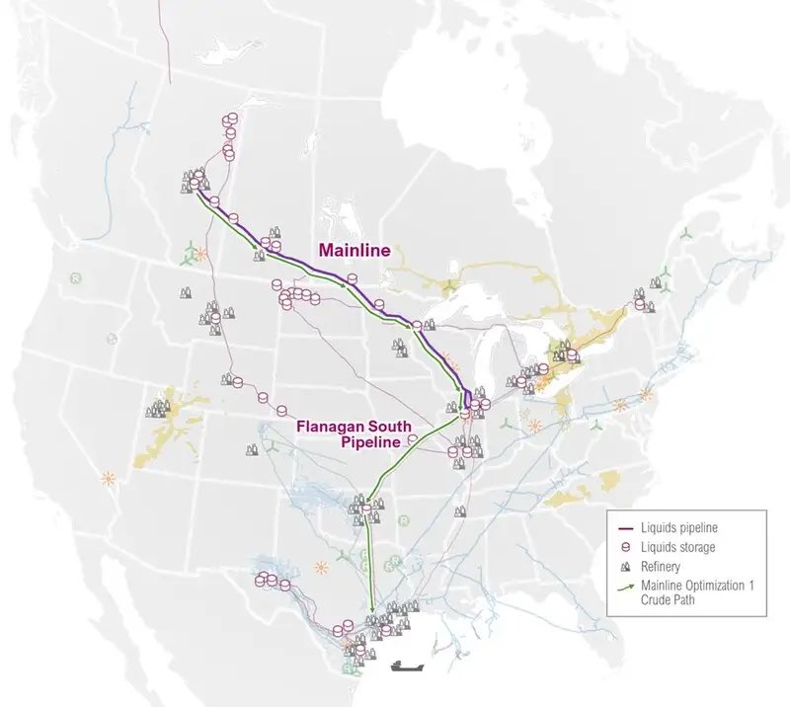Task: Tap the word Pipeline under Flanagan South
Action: pyautogui.click(x=367, y=442)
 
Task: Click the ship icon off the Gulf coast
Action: pyautogui.click(x=405, y=665)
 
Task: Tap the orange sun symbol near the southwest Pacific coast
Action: pyautogui.click(x=106, y=479)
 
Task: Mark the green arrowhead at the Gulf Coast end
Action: pyautogui.click(x=372, y=611)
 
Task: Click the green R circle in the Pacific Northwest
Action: pyautogui.click(x=75, y=276)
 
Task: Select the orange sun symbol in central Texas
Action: pyautogui.click(x=320, y=568)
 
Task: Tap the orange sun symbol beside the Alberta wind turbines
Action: pyautogui.click(x=202, y=253)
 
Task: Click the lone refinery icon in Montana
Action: pyautogui.click(x=185, y=292)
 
